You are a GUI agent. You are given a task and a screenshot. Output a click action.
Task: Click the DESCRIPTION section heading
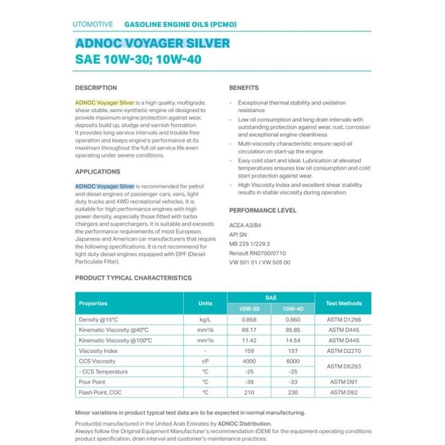(x=96, y=88)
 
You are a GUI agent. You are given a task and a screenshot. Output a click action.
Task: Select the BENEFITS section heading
(x=244, y=88)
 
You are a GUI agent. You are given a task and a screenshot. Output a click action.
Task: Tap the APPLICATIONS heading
(x=97, y=172)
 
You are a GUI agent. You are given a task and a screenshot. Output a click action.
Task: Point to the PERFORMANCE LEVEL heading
(x=262, y=210)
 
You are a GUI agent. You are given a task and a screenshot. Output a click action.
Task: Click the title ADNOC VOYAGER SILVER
(x=153, y=44)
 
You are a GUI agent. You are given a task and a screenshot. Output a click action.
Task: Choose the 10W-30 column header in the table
(x=249, y=309)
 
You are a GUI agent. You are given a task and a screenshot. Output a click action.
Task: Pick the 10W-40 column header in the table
(x=293, y=309)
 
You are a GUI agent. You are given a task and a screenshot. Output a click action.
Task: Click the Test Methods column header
(x=344, y=303)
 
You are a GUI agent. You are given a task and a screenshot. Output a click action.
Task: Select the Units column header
(x=205, y=303)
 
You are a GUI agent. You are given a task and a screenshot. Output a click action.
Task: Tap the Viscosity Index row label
(x=99, y=351)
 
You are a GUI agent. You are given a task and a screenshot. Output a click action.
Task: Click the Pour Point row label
(x=93, y=382)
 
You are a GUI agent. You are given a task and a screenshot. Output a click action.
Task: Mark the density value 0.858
(x=249, y=320)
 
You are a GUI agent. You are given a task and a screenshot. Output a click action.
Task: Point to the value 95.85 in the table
(x=293, y=330)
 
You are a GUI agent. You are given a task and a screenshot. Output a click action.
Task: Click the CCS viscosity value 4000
(x=249, y=361)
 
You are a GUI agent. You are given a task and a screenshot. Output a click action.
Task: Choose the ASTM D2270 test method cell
(x=344, y=351)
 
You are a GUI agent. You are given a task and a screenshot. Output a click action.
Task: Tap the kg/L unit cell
(x=205, y=320)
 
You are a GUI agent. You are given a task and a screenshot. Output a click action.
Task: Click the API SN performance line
(x=238, y=234)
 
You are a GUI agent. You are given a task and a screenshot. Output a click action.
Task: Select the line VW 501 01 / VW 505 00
(x=259, y=262)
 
